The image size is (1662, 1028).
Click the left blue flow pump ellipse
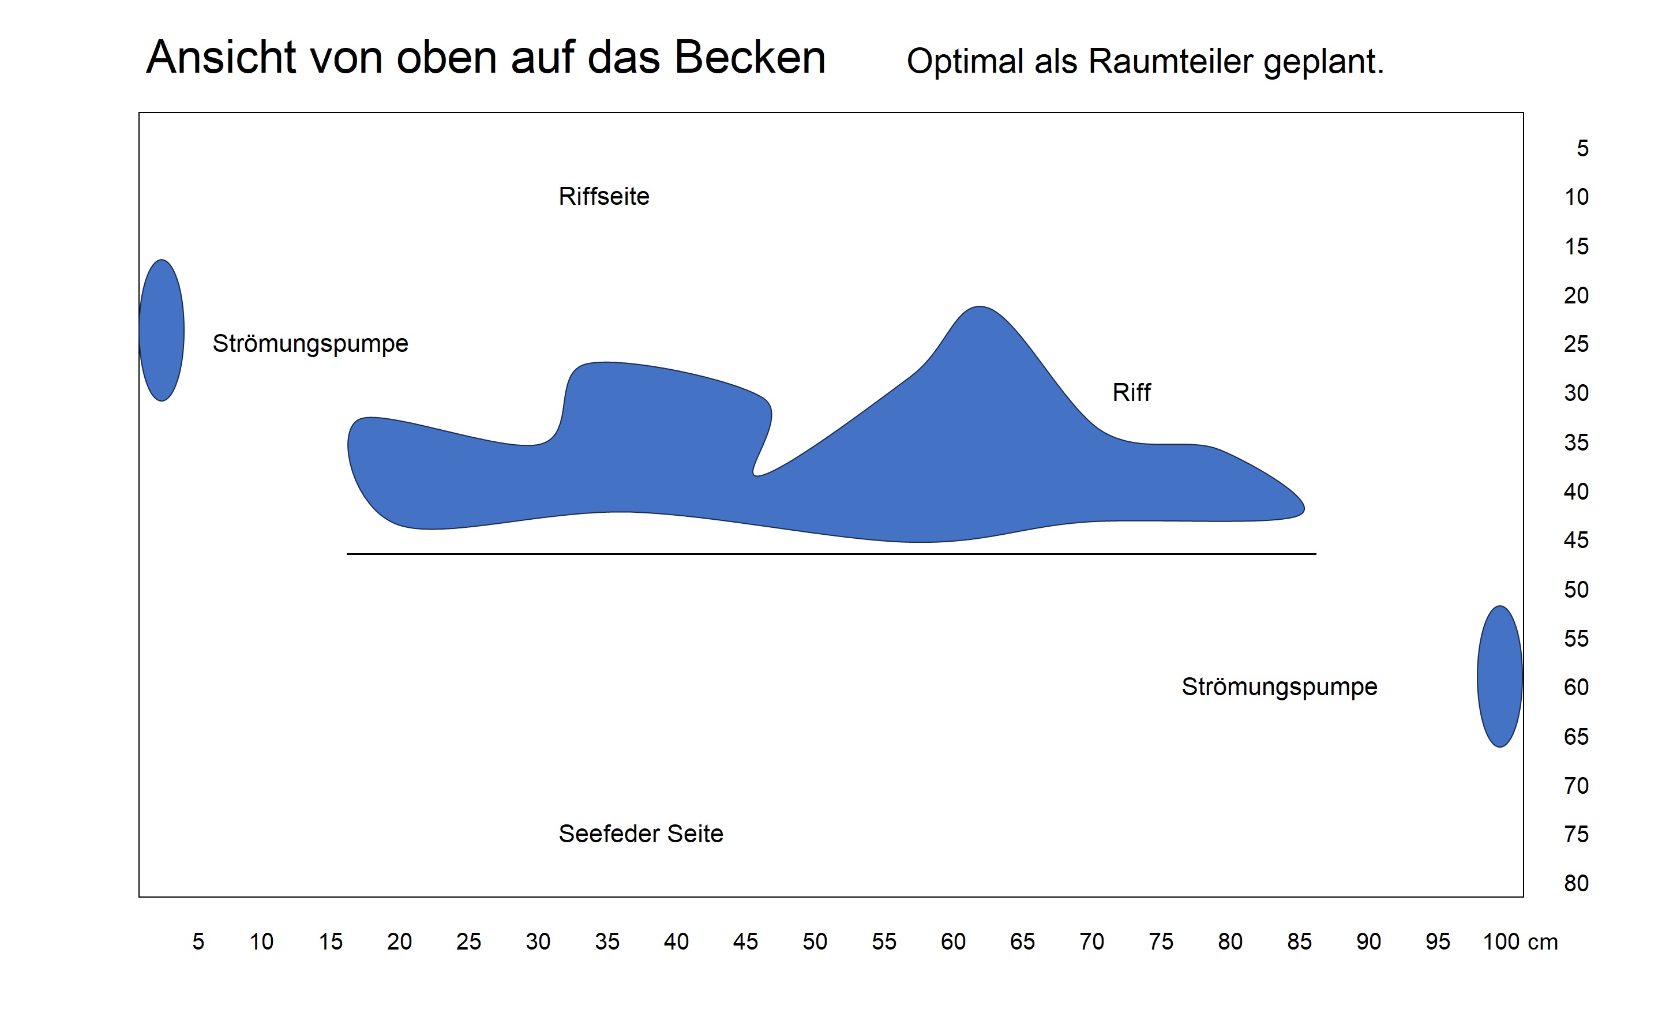(x=161, y=331)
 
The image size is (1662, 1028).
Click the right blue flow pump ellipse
(x=1499, y=677)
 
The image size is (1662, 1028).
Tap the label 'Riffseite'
(x=603, y=197)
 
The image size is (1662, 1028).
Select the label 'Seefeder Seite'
(x=640, y=834)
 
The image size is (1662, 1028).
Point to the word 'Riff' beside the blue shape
(x=1131, y=392)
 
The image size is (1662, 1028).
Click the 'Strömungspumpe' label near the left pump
(x=310, y=343)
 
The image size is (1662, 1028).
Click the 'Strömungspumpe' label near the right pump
(x=1278, y=686)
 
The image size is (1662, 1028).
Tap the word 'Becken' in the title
(x=750, y=57)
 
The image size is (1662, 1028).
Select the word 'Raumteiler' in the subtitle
(x=1170, y=61)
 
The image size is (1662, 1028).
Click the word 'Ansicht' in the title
(x=221, y=57)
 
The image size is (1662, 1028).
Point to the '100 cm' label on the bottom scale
(x=1520, y=941)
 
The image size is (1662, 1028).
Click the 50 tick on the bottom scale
(x=815, y=941)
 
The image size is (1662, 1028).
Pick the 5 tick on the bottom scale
(x=198, y=941)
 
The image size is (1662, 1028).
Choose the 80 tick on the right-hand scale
(x=1575, y=883)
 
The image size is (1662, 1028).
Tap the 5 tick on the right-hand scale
(x=1582, y=148)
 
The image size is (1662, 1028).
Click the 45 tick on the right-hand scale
(x=1575, y=540)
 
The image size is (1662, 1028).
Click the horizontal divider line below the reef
(x=831, y=554)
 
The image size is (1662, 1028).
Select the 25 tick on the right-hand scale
(x=1575, y=344)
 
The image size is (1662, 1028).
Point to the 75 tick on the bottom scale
(x=1160, y=941)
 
